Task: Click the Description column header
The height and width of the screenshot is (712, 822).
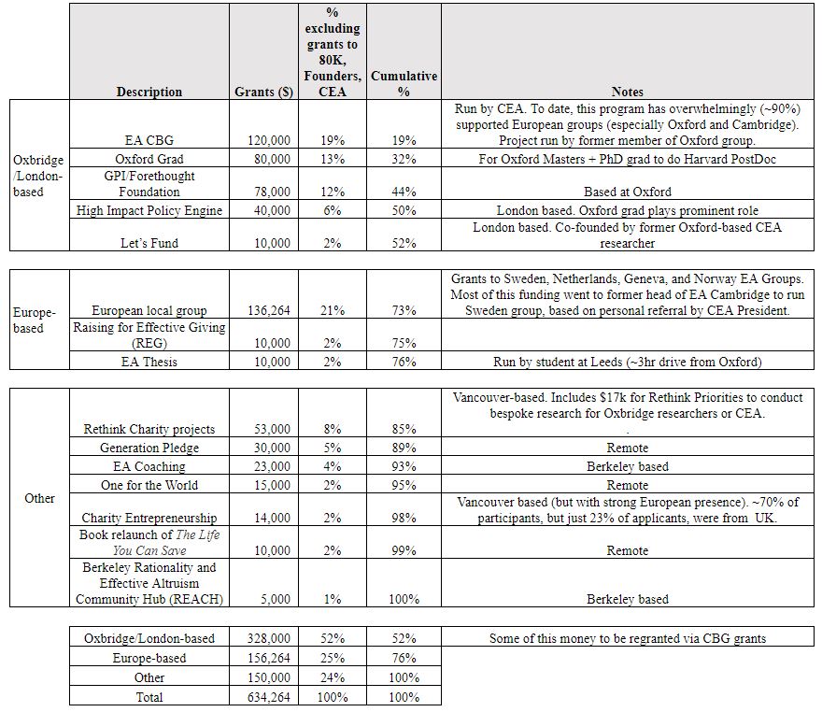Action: tap(149, 92)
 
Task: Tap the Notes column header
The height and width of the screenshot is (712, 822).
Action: tap(627, 92)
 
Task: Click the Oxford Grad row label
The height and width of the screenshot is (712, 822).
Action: tap(149, 159)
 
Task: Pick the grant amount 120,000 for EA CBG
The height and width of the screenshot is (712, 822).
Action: tap(268, 140)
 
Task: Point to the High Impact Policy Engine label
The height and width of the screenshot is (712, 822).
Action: tap(149, 210)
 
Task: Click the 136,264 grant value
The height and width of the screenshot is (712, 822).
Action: tap(268, 310)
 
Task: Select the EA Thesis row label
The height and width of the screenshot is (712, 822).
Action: tap(149, 362)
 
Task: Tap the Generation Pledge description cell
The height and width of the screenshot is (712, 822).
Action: tap(149, 448)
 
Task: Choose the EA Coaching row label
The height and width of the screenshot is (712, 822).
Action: tap(149, 466)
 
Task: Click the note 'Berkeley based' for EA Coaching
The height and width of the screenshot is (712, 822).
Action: tap(627, 466)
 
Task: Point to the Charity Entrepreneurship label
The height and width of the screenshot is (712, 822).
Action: tap(149, 518)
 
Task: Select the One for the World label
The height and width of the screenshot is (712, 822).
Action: tap(149, 485)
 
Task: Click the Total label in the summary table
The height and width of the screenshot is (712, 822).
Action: tap(149, 696)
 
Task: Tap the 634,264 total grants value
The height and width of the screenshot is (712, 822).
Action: tap(268, 696)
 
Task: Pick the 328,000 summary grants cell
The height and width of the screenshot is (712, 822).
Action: tap(268, 638)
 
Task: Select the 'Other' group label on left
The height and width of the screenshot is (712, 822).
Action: tap(39, 498)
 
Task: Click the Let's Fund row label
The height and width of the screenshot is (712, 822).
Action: tap(149, 243)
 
